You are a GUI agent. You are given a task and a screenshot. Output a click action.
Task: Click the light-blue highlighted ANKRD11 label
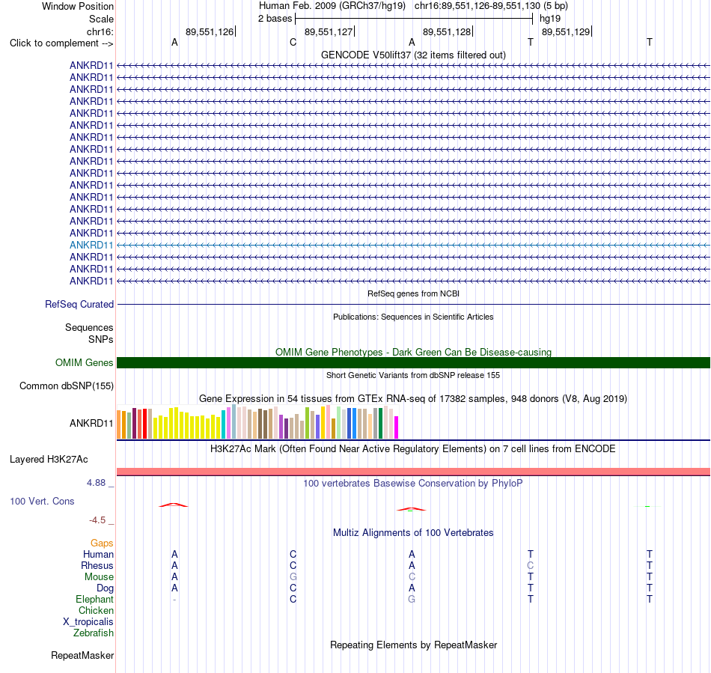[x=91, y=246]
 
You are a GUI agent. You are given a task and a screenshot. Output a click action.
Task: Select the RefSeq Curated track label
[x=79, y=304]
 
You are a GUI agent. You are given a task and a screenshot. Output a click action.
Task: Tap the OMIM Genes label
[x=85, y=363]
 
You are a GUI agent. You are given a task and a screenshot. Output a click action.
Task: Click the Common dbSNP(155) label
[x=67, y=386]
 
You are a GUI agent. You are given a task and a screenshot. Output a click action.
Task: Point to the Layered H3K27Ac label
[x=49, y=460]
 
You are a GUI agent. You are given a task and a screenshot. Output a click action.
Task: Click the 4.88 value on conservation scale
[x=96, y=483]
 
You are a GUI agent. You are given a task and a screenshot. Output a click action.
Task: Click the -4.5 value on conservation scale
[x=97, y=520]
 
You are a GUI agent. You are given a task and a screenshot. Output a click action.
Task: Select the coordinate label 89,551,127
[x=329, y=31]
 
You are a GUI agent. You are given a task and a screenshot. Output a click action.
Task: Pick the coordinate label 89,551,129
[x=566, y=31]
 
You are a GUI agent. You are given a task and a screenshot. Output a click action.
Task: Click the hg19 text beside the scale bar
[x=550, y=19]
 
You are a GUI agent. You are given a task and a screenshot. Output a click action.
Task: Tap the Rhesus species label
[x=97, y=565]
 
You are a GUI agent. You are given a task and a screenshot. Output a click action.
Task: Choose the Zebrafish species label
[x=94, y=633]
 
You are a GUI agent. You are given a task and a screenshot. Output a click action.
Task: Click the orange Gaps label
[x=102, y=543]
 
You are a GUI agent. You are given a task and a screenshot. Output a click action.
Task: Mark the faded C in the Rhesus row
[x=531, y=565]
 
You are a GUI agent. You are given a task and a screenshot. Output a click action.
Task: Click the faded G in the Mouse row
[x=293, y=577]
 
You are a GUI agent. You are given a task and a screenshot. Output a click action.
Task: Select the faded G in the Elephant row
[x=412, y=600]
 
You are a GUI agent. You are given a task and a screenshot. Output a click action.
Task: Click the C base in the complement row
[x=293, y=43]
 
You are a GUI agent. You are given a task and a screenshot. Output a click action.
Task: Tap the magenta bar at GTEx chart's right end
[x=397, y=427]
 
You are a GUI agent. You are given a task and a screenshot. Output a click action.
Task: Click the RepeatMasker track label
[x=82, y=656]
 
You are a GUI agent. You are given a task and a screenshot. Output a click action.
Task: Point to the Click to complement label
[x=61, y=43]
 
